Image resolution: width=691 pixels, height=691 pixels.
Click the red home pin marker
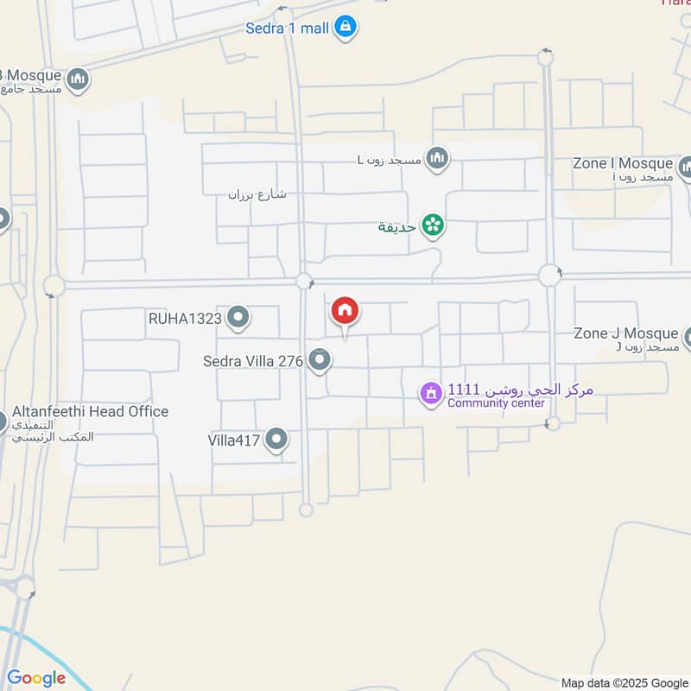(x=345, y=312)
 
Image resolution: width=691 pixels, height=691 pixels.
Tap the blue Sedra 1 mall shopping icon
(x=345, y=27)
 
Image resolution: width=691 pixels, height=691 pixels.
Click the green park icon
(x=433, y=226)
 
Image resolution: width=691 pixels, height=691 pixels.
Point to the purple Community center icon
(x=430, y=394)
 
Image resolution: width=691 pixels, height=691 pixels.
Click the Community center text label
(x=496, y=403)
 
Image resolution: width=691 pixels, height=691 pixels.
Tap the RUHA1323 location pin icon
(x=238, y=319)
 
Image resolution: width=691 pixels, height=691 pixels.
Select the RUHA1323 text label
(x=185, y=319)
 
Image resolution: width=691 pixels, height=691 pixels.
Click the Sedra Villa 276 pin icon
(x=320, y=360)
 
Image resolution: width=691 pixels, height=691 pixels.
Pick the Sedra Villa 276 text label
(x=253, y=361)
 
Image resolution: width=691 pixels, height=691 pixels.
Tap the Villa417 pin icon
(x=276, y=440)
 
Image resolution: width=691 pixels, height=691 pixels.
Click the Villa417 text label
(x=234, y=441)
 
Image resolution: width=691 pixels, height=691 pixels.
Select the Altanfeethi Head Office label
(x=90, y=412)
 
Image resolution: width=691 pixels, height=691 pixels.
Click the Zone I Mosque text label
(x=623, y=163)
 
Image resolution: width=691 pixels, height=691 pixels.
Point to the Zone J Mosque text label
(x=627, y=333)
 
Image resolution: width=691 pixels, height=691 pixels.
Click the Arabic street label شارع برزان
(x=257, y=194)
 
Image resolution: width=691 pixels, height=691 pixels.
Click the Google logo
(x=35, y=678)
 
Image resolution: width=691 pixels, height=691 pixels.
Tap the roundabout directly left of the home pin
(x=304, y=281)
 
